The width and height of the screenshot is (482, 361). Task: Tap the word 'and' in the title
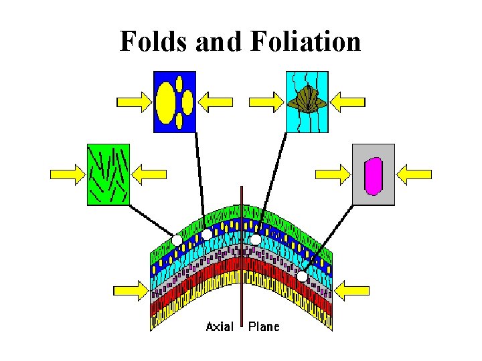point(222,41)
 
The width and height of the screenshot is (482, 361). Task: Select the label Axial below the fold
point(220,326)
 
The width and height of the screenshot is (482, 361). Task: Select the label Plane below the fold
point(264,326)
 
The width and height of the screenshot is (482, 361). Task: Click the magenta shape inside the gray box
point(373,175)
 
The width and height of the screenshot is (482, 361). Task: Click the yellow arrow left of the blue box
point(134,102)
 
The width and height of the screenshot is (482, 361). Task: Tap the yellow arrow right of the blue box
point(216,102)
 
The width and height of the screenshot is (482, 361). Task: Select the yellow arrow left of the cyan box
point(266,102)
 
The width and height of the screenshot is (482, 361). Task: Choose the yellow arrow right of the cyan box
point(348,102)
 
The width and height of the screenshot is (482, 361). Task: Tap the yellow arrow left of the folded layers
point(130,290)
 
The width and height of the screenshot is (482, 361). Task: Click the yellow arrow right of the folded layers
point(352,290)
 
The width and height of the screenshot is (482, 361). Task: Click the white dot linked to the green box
point(177,239)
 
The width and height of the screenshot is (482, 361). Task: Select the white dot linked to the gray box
point(303,275)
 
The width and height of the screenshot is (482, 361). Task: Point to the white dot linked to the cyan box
point(256,239)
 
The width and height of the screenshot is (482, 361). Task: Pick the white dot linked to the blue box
point(208,234)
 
